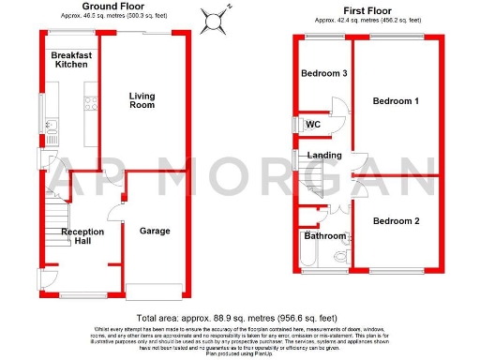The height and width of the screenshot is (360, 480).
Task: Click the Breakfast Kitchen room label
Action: pyautogui.click(x=71, y=60)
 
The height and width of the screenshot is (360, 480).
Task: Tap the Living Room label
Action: pyautogui.click(x=142, y=100)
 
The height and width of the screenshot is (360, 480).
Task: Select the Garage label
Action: pyautogui.click(x=155, y=231)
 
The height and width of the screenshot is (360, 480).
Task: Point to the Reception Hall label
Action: pyautogui.click(x=82, y=236)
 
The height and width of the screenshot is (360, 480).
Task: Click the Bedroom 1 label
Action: pyautogui.click(x=395, y=101)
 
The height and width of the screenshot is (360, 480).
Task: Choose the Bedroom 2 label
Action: pyautogui.click(x=395, y=221)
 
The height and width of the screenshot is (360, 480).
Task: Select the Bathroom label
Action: pyautogui.click(x=323, y=236)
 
